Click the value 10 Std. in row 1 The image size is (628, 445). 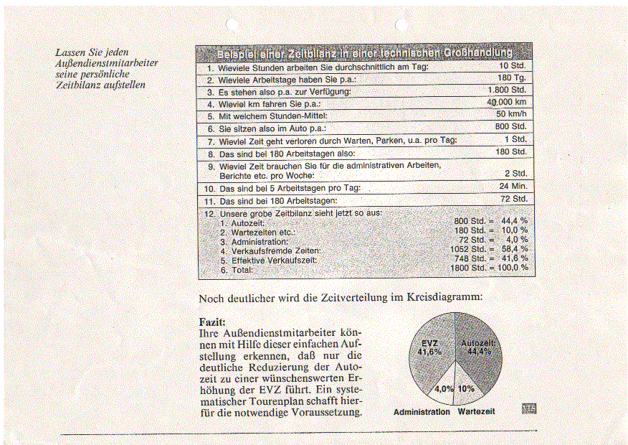coord(513,66)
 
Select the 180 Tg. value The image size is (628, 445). coord(512,78)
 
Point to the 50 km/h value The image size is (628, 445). coord(511,113)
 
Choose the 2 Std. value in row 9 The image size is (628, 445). coord(515,173)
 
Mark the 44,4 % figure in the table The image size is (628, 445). coord(515,220)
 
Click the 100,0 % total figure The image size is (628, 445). coord(513,268)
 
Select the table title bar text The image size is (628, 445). coord(364,52)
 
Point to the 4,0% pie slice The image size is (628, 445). coord(444,388)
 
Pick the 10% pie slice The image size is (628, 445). coord(466,388)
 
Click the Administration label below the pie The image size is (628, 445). coord(422,412)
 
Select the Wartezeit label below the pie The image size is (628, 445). coord(476,412)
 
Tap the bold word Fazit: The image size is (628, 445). coord(212,322)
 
